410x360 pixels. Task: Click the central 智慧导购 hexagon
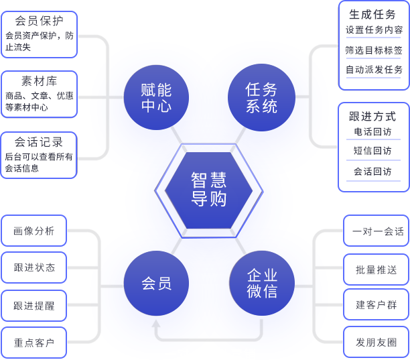(208, 190)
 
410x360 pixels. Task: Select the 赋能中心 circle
(156, 97)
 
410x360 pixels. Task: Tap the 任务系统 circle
(261, 97)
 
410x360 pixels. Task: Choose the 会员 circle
(156, 283)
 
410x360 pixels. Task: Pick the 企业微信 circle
(261, 283)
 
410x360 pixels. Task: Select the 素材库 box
(39, 93)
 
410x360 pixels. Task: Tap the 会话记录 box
(39, 155)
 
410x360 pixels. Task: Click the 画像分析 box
(34, 231)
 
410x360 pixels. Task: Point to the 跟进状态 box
(34, 268)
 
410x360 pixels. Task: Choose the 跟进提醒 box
(34, 306)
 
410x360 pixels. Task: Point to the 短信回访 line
(373, 151)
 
